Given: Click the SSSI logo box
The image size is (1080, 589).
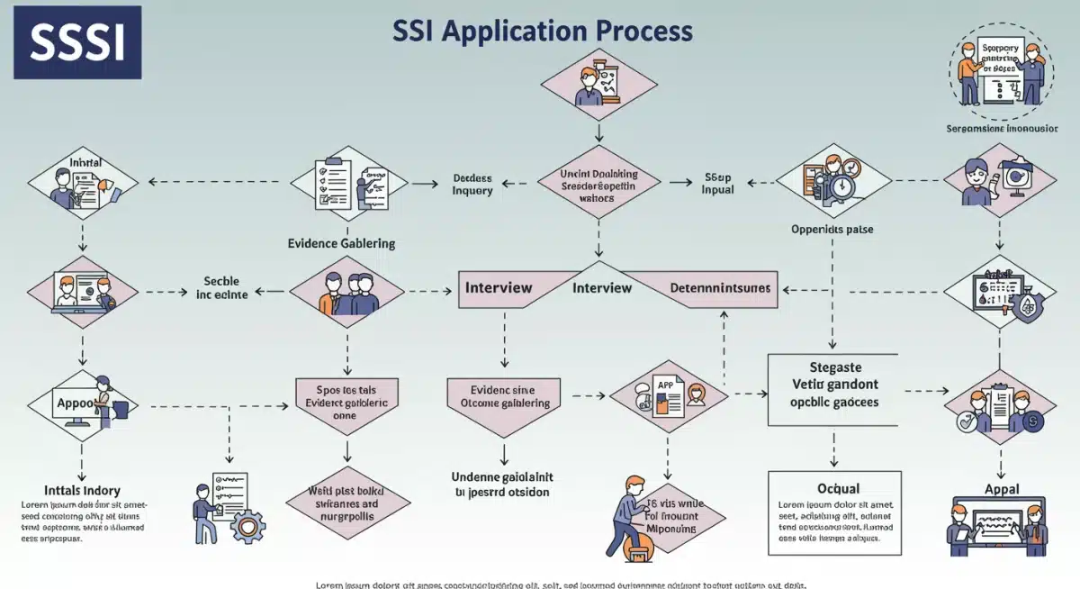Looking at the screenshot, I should click(x=76, y=42).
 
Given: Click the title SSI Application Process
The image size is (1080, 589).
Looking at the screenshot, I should click(x=543, y=31).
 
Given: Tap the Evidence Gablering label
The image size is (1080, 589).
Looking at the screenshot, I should click(x=341, y=243).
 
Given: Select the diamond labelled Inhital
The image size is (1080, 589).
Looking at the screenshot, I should click(x=83, y=184).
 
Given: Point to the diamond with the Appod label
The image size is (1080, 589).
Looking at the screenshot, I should click(x=83, y=404).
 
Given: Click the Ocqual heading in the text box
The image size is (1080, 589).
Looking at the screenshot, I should click(x=832, y=487).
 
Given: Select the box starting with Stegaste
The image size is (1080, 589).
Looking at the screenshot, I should click(x=832, y=389).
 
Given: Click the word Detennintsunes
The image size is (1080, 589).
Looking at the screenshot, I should click(x=720, y=288).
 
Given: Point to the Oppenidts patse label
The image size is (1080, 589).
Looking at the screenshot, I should click(x=832, y=229).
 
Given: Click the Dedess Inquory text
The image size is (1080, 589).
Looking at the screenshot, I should click(x=472, y=184).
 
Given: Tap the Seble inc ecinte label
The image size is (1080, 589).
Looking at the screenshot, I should click(x=220, y=286).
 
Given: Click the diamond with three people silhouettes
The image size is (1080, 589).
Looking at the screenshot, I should click(x=346, y=292).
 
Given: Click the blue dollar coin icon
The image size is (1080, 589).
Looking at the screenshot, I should click(x=1032, y=420).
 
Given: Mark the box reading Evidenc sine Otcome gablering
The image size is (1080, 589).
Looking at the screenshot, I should click(x=504, y=396).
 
